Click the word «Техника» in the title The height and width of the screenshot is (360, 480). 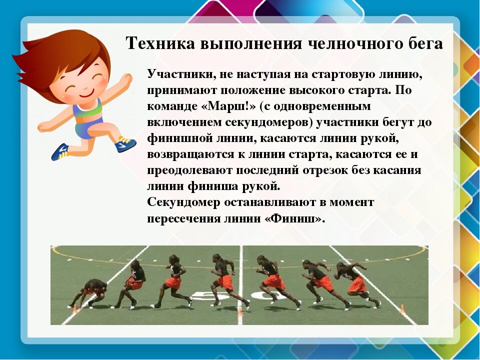point(160,43)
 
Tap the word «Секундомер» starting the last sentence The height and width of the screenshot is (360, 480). point(183,202)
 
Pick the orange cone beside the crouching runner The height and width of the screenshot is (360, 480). point(74,308)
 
